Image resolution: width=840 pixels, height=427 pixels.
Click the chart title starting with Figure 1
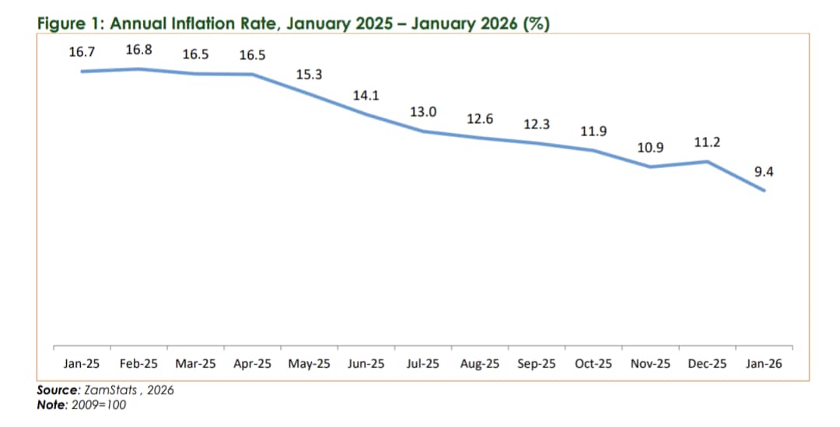(x=294, y=23)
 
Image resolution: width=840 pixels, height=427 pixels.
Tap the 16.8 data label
(x=139, y=50)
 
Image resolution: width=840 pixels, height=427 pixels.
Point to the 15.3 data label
(x=310, y=75)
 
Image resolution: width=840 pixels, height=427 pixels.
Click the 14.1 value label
(x=366, y=96)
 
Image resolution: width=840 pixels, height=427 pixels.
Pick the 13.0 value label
(x=423, y=112)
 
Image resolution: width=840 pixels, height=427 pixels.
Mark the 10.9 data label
(x=650, y=147)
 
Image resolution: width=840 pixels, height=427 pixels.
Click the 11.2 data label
(x=706, y=142)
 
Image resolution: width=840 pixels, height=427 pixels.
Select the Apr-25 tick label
(x=253, y=363)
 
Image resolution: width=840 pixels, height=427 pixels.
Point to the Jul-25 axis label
(x=423, y=363)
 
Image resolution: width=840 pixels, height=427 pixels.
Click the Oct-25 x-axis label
(x=593, y=363)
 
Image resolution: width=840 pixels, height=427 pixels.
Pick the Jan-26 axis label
(x=764, y=363)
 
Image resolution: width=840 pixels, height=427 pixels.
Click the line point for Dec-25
(x=707, y=162)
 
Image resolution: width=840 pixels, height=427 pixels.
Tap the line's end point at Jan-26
(x=764, y=191)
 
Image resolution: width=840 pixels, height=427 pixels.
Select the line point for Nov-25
(x=650, y=166)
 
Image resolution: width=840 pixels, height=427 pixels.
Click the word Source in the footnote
(x=56, y=390)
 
